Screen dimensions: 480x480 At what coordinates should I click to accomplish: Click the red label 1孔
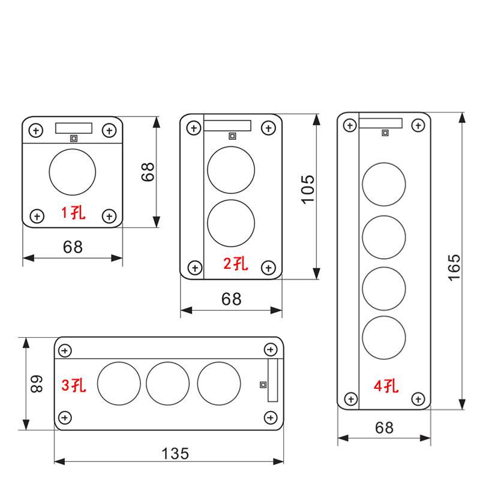[72, 212]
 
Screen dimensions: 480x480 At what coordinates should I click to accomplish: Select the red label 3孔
[74, 385]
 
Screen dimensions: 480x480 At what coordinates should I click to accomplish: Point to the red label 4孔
[385, 386]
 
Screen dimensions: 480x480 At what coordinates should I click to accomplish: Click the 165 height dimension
[454, 267]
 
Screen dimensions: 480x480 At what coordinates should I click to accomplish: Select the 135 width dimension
[175, 453]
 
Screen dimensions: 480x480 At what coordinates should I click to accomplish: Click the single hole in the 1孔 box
[72, 172]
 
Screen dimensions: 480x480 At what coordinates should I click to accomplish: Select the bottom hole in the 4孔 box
[384, 337]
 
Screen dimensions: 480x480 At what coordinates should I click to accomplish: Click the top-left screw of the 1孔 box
[37, 130]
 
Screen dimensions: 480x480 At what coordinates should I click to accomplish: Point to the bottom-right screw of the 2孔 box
[268, 266]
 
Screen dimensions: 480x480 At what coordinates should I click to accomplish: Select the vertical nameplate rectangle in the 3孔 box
[272, 380]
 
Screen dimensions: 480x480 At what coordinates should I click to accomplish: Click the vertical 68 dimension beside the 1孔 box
[148, 172]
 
